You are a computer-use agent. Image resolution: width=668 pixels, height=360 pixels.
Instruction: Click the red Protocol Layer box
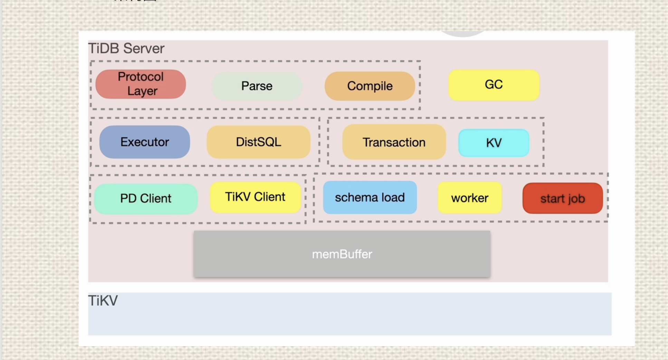[x=141, y=84]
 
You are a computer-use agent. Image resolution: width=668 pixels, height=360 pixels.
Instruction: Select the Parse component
[x=257, y=86]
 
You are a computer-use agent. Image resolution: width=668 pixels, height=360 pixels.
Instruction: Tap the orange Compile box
[x=370, y=86]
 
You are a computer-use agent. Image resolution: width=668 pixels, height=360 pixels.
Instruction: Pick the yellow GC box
[x=494, y=85]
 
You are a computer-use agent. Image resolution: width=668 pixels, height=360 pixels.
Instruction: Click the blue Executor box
[x=144, y=142]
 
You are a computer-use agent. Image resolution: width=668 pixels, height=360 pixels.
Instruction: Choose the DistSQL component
[x=258, y=142]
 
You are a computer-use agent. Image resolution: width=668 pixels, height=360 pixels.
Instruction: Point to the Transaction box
[x=394, y=142]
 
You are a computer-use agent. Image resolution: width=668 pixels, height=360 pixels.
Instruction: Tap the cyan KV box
[x=494, y=143]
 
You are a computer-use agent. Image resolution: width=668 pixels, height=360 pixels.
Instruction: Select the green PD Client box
[x=145, y=199]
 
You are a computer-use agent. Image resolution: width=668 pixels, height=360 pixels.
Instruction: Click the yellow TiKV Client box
[x=255, y=197]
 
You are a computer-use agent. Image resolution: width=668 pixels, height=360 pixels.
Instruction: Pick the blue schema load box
[x=370, y=198]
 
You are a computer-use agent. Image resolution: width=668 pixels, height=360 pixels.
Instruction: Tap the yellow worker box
[x=469, y=198]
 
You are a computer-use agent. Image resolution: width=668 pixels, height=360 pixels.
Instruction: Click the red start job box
[x=562, y=199]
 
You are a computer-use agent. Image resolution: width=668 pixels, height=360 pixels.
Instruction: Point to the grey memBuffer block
[x=342, y=254]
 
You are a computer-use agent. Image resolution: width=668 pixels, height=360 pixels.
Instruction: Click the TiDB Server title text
[x=126, y=48]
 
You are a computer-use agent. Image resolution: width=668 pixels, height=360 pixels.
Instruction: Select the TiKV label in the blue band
[x=103, y=301]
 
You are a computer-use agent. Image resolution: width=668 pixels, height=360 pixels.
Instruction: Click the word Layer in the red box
[x=142, y=91]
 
